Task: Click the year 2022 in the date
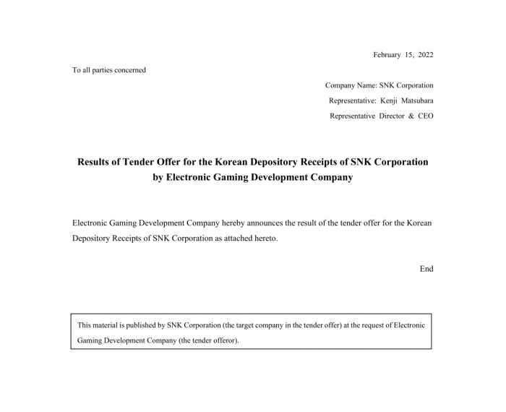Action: coord(424,55)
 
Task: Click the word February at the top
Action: coord(387,55)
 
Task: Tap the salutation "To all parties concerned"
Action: coord(109,70)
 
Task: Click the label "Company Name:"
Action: coord(351,85)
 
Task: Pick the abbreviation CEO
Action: coord(426,116)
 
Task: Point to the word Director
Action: coord(392,116)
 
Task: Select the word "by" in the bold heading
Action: coord(158,177)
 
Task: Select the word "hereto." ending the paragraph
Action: coord(264,238)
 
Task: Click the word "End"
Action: coord(426,269)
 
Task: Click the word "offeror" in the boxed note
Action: coord(223,340)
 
